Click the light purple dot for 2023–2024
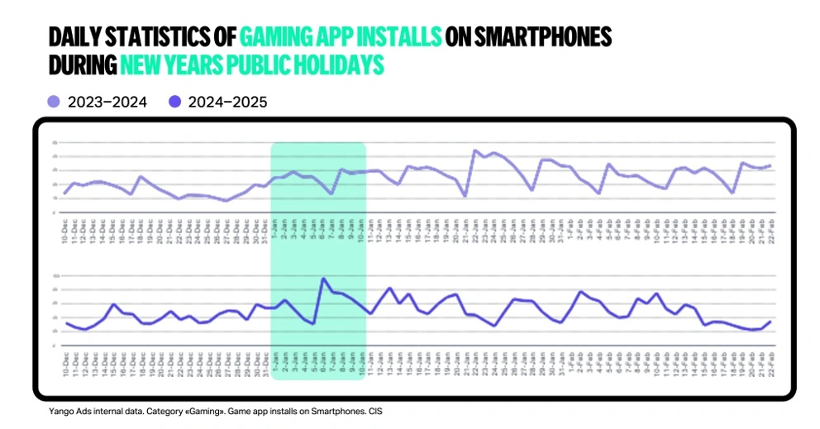54,102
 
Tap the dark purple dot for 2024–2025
174,102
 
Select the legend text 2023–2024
107,102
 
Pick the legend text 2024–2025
228,102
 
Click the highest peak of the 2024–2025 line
323,279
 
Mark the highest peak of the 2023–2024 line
475,150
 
